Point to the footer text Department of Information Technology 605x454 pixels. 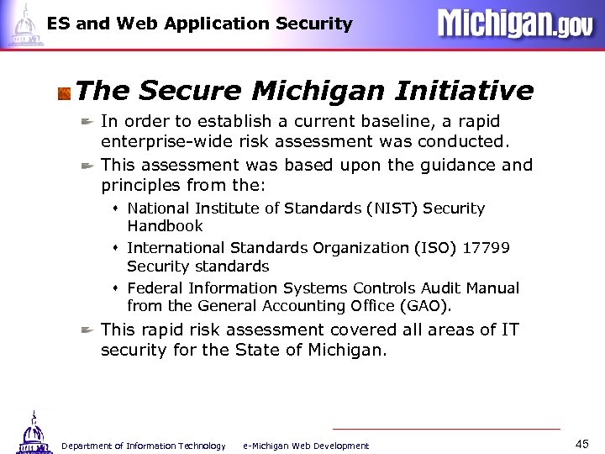144,446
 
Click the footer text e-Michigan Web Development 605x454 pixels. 305,446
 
